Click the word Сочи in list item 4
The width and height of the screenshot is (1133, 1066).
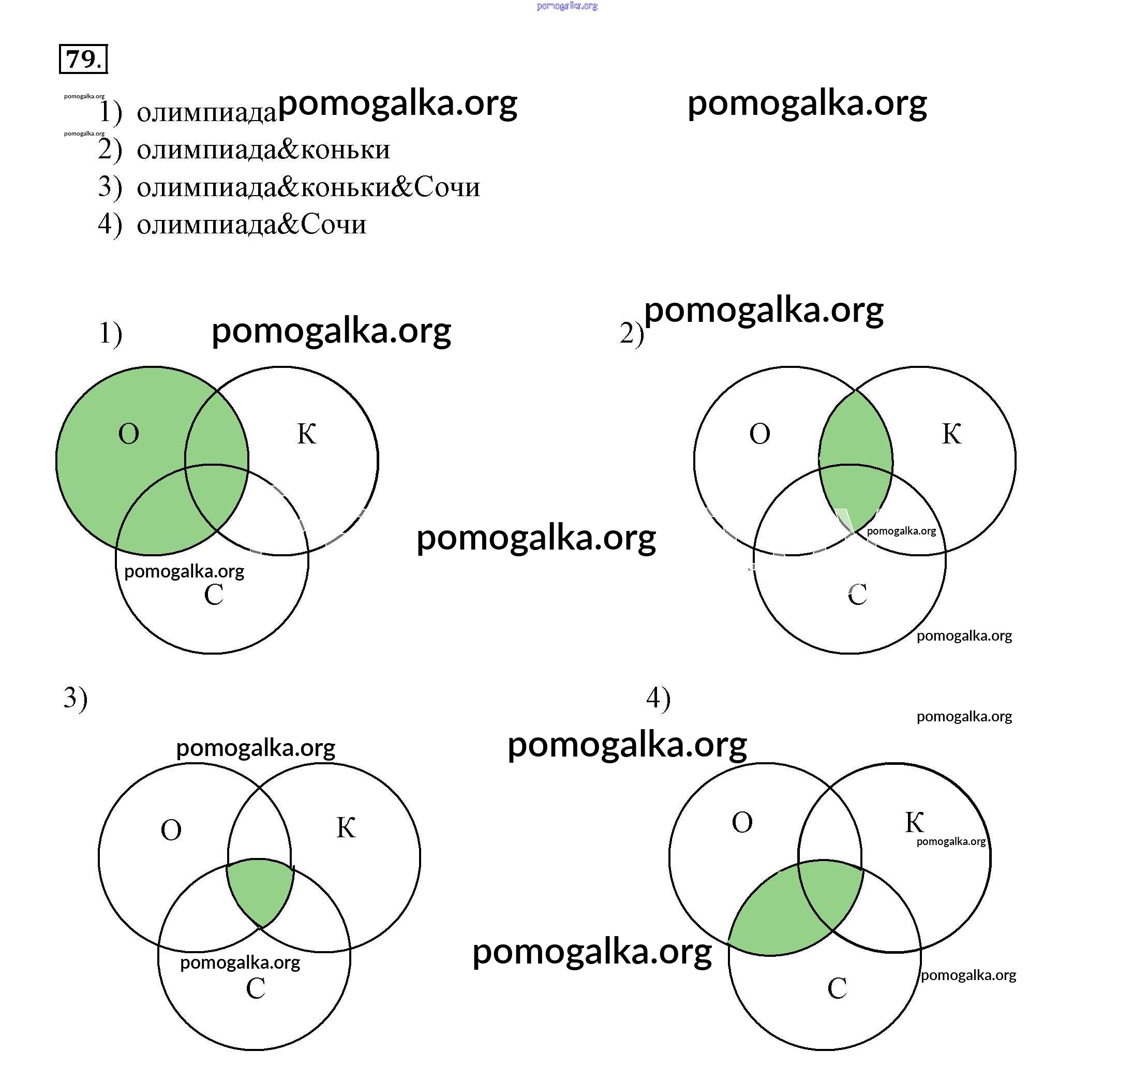333,224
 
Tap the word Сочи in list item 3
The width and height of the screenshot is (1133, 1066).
447,187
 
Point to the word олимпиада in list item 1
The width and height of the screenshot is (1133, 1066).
206,112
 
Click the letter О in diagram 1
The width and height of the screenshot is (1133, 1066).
129,434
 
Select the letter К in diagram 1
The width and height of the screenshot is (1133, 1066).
307,434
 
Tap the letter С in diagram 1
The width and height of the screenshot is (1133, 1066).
214,595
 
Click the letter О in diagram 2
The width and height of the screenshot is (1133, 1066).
759,434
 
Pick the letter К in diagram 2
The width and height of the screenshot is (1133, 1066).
951,434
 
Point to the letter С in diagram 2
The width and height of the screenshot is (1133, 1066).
857,595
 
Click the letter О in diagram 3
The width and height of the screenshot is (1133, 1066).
171,831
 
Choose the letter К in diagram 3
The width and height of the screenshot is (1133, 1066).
346,828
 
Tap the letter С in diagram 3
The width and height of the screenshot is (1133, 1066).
256,988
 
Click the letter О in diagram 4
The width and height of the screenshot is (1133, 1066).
742,823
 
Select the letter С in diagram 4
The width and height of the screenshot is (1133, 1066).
837,988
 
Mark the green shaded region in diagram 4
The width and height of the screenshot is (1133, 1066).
798,912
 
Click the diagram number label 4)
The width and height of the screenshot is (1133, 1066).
658,699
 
